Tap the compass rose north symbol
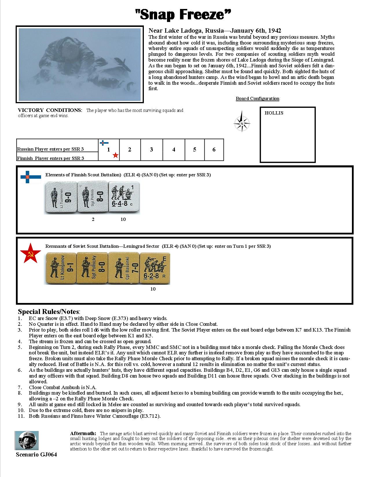pyautogui.click(x=242, y=123)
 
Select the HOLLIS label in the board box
pyautogui.click(x=274, y=113)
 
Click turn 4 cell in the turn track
pyautogui.click(x=174, y=149)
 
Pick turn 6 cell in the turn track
pyautogui.click(x=214, y=149)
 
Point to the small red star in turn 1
pyautogui.click(x=115, y=156)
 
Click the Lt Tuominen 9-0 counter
pyautogui.click(x=60, y=198)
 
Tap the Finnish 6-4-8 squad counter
pyautogui.click(x=124, y=198)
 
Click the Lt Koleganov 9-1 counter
pyautogui.click(x=60, y=269)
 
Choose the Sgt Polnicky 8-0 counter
pyautogui.click(x=92, y=269)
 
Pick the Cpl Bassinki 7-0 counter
pyautogui.click(x=124, y=269)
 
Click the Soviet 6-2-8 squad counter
pyautogui.click(x=155, y=269)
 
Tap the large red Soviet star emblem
pyautogui.click(x=29, y=253)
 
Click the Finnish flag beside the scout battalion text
pyautogui.click(x=31, y=177)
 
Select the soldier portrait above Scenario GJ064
pyautogui.click(x=27, y=441)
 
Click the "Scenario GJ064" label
pyautogui.click(x=36, y=455)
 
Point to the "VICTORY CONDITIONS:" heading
pyautogui.click(x=50, y=110)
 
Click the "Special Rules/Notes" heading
pyautogui.click(x=48, y=312)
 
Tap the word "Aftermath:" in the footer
pyautogui.click(x=83, y=433)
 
